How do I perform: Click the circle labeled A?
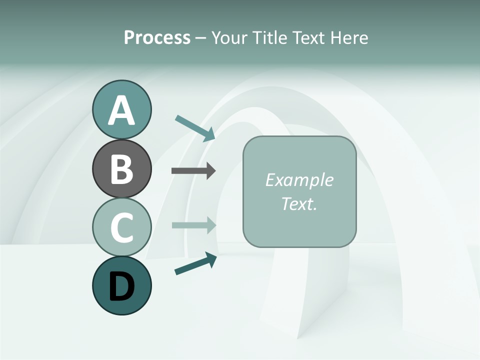coord(121,109)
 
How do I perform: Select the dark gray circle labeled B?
coord(121,168)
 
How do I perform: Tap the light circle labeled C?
coord(121,227)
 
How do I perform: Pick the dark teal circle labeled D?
coord(121,285)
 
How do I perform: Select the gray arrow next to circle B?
coord(193,170)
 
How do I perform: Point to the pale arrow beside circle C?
coord(193,225)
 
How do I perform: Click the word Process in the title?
coord(157,38)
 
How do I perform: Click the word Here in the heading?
coord(350,38)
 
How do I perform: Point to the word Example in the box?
coord(299,180)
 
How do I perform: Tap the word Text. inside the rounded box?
coord(299,203)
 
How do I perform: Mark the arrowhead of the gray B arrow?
coord(210,170)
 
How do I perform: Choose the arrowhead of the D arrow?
coord(210,258)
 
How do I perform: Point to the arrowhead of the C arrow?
coord(210,225)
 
